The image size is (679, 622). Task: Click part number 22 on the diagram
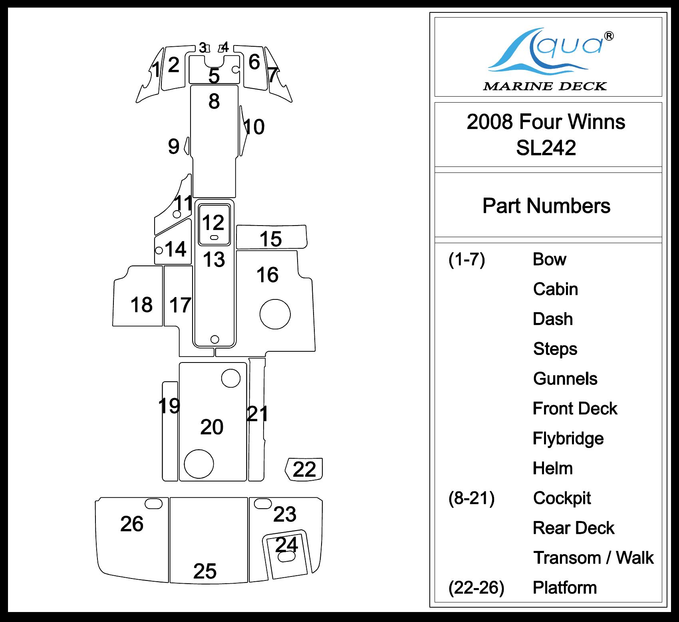[x=304, y=469]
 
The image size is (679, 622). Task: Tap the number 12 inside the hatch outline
[x=213, y=222]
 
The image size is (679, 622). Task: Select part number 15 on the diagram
[x=271, y=239]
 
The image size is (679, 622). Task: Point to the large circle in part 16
[x=275, y=314]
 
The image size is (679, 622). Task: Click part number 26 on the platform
[x=132, y=524]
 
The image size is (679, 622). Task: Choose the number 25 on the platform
[x=205, y=571]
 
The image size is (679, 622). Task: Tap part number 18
[x=141, y=305]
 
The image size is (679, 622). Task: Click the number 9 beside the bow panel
[x=174, y=147]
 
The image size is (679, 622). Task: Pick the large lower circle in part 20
[x=199, y=464]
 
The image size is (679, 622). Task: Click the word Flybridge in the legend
[x=568, y=438]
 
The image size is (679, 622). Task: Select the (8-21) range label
[x=471, y=498]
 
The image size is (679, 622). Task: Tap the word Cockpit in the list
[x=562, y=498]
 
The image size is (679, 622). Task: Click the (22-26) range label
[x=476, y=588]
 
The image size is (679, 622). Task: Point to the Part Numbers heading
[x=546, y=206]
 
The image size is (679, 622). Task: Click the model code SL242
[x=546, y=148]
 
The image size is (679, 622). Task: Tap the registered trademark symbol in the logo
[x=609, y=36]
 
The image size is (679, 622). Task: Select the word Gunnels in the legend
[x=565, y=379]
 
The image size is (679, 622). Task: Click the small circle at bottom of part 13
[x=214, y=339]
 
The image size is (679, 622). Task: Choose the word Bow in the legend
[x=549, y=259]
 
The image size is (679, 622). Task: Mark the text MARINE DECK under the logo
[x=545, y=86]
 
